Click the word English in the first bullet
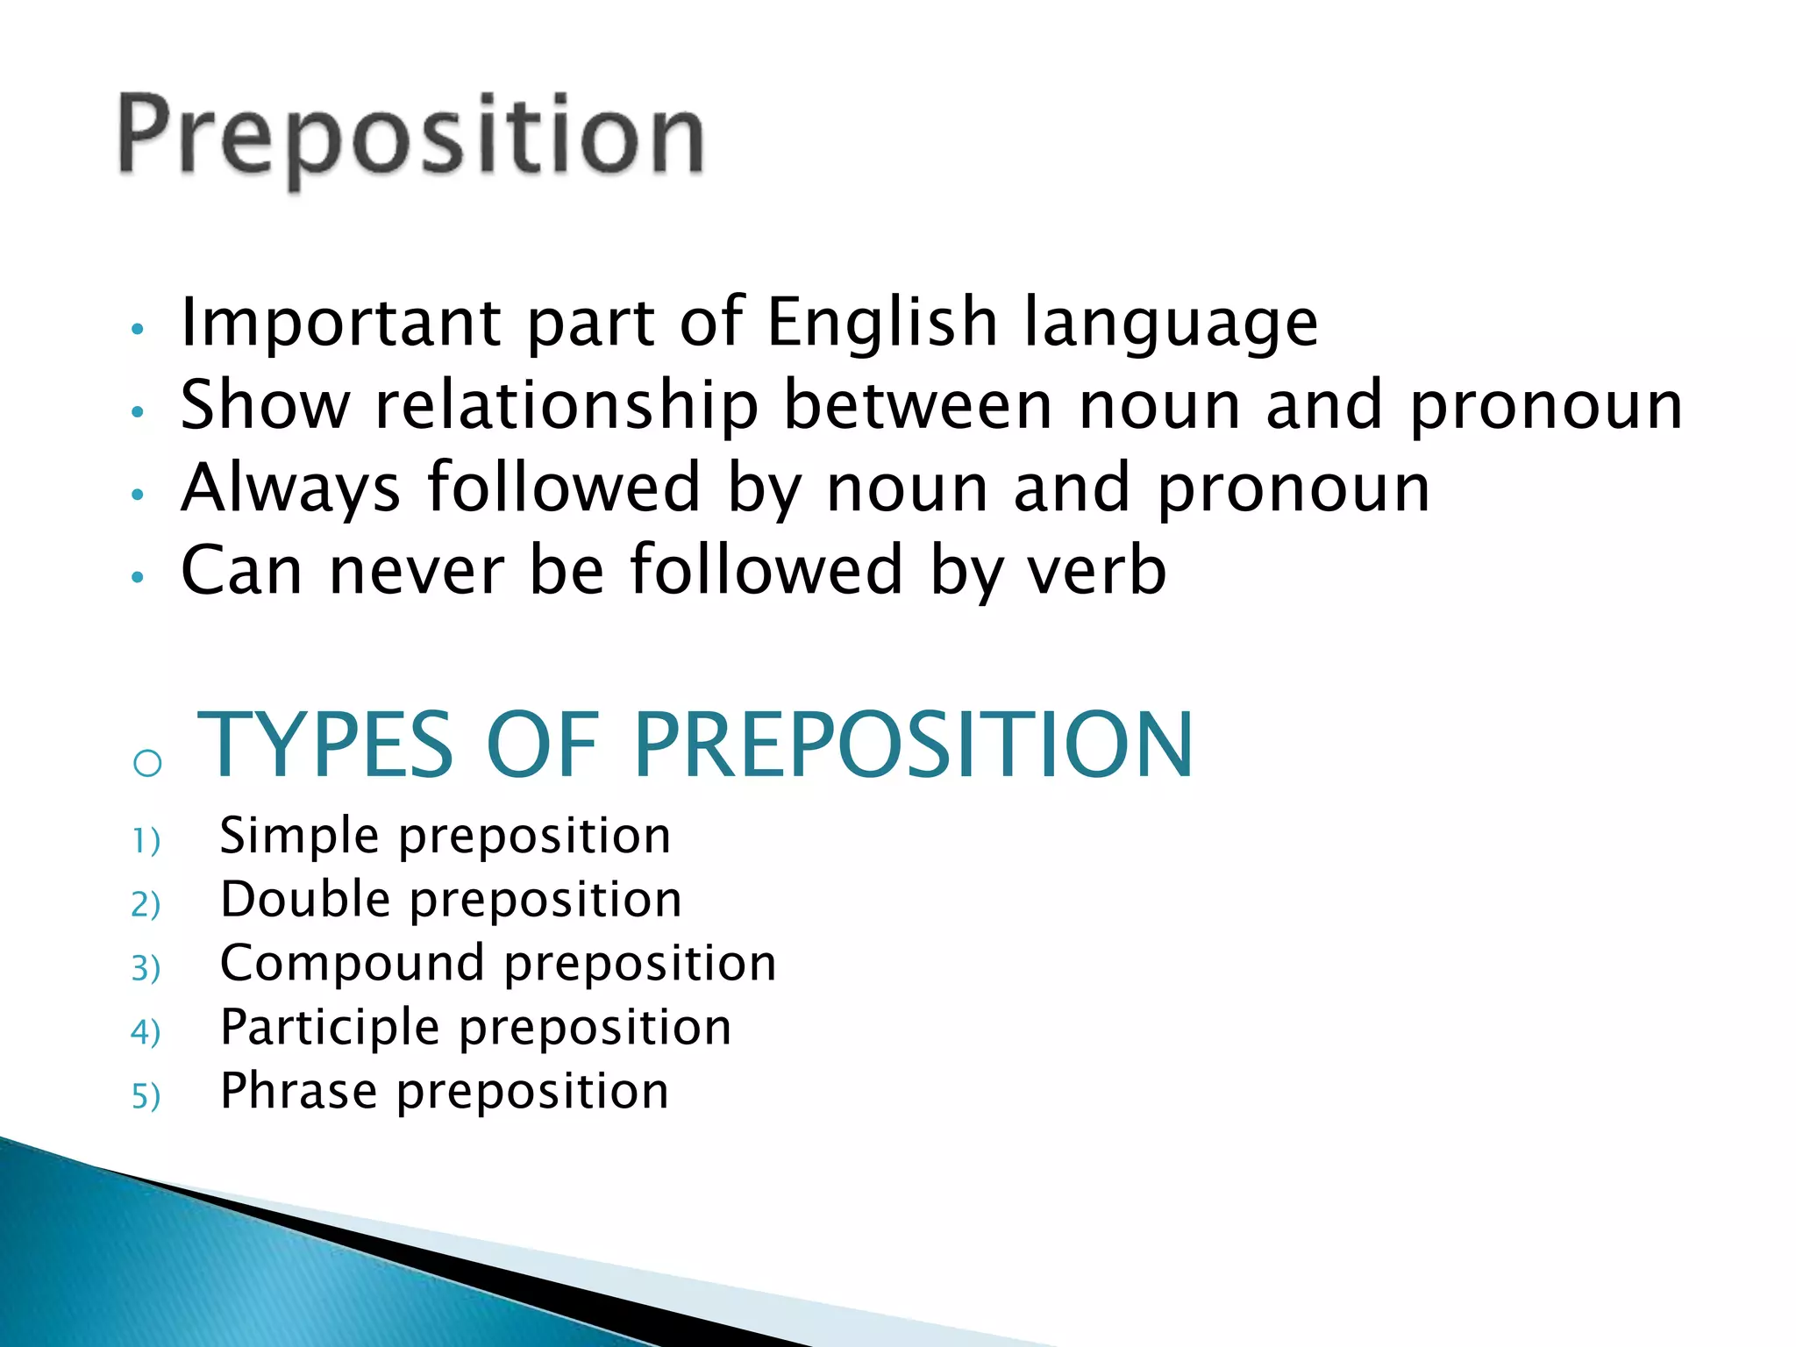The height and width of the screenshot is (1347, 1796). tap(882, 322)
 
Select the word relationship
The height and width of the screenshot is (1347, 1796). tap(567, 407)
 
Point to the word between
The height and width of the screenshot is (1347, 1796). tap(917, 405)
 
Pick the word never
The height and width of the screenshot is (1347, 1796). tap(417, 570)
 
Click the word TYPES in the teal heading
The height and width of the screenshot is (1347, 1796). tap(325, 745)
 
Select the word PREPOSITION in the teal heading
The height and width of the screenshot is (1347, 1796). tap(913, 745)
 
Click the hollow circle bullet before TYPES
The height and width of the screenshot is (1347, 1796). tap(147, 763)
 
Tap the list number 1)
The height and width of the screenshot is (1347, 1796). tap(146, 840)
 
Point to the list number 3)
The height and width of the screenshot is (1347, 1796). tap(146, 968)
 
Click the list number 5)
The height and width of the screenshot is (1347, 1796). tap(146, 1096)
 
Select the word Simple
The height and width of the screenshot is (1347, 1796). tap(299, 836)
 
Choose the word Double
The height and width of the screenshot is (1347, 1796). tap(305, 900)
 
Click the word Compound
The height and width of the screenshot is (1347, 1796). tap(352, 964)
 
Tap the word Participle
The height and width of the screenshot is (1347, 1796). tap(330, 1028)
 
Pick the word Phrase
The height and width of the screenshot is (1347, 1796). tap(298, 1091)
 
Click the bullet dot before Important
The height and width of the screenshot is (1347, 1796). tap(137, 330)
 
